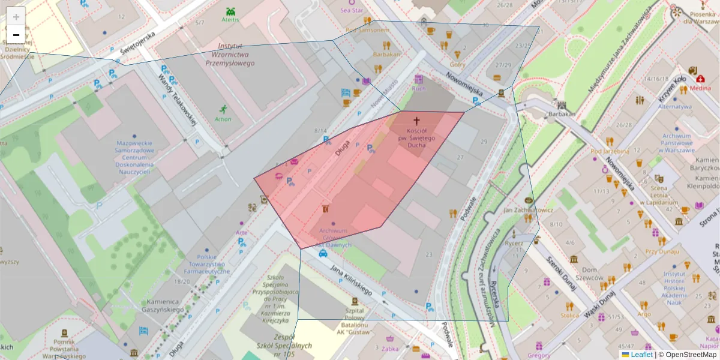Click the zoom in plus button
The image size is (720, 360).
(16, 16)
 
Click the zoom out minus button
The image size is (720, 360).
(16, 35)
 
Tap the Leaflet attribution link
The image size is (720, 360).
(641, 355)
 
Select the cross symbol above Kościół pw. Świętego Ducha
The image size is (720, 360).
(416, 121)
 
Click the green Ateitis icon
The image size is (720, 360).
(230, 11)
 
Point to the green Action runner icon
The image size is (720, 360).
(223, 109)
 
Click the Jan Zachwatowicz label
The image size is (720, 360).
(528, 211)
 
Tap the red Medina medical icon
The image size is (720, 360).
(700, 78)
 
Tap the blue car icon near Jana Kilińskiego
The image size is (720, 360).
(323, 253)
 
